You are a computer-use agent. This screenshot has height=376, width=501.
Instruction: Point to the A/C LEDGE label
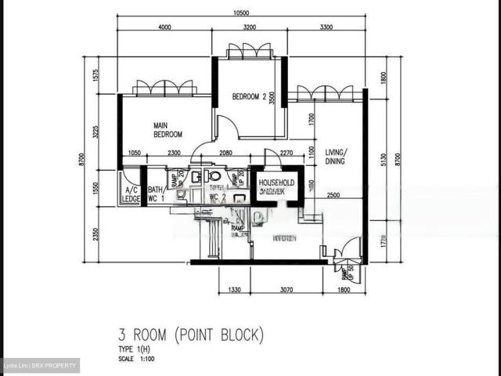pos(131,195)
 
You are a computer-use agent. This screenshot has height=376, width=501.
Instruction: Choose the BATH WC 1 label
pos(157,195)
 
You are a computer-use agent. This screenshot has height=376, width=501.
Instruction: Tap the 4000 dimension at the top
pos(164,27)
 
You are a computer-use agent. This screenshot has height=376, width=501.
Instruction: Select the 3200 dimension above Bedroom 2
pos(249,27)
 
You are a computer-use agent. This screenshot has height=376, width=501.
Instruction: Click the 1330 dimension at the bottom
pos(233,290)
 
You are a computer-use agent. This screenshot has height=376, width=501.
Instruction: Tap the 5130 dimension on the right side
pos(383,160)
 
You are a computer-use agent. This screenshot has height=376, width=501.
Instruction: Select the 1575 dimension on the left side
pos(95,76)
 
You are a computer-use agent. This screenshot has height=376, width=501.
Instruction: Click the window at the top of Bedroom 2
pos(249,52)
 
